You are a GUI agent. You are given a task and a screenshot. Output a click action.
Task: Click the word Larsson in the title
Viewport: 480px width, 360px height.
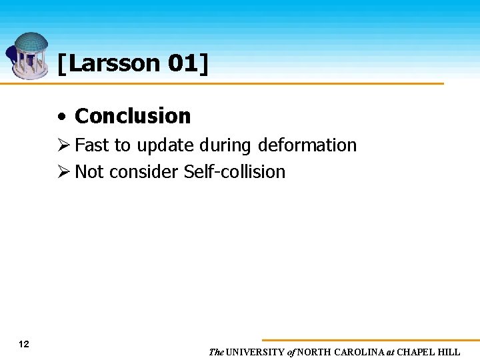coord(113,64)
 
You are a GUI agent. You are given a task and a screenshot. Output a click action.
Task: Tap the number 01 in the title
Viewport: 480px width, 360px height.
coord(181,64)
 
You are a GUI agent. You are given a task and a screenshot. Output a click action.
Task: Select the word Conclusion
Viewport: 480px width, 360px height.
coord(133,116)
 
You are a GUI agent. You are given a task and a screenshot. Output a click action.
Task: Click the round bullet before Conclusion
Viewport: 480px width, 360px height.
coord(61,117)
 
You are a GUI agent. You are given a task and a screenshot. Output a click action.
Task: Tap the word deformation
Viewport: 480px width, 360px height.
coord(307,145)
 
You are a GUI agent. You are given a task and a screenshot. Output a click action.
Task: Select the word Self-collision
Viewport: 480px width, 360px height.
coord(234,172)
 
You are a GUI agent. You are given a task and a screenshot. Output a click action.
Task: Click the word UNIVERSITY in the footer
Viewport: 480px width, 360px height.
coord(255,352)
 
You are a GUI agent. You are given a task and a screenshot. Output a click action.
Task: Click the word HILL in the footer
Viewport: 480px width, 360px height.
coord(449,352)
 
